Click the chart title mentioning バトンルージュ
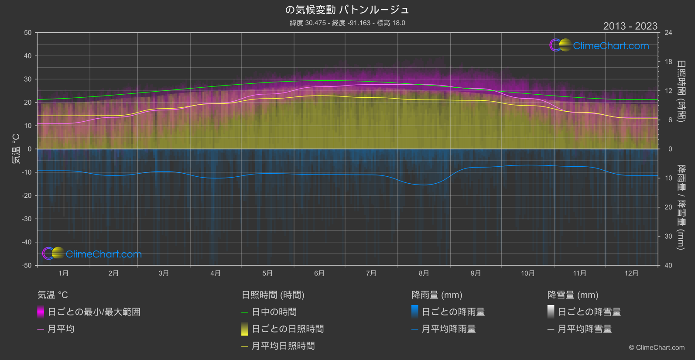point(347,10)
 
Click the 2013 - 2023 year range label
point(630,26)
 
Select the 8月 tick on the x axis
point(424,273)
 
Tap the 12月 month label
point(631,273)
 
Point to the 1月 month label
point(64,273)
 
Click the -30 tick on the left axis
point(27,219)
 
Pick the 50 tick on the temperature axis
point(28,33)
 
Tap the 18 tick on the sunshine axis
point(668,62)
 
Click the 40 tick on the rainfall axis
point(668,265)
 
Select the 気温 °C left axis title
point(16,149)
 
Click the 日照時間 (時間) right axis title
point(681,91)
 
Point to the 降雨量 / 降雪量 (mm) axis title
point(681,207)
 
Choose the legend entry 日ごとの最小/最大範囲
point(94,312)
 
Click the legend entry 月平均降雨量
point(448,329)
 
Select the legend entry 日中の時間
point(274,312)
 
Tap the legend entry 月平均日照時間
point(283,346)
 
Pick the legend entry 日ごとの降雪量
point(589,312)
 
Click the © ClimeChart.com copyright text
point(657,348)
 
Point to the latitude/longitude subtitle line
point(347,23)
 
